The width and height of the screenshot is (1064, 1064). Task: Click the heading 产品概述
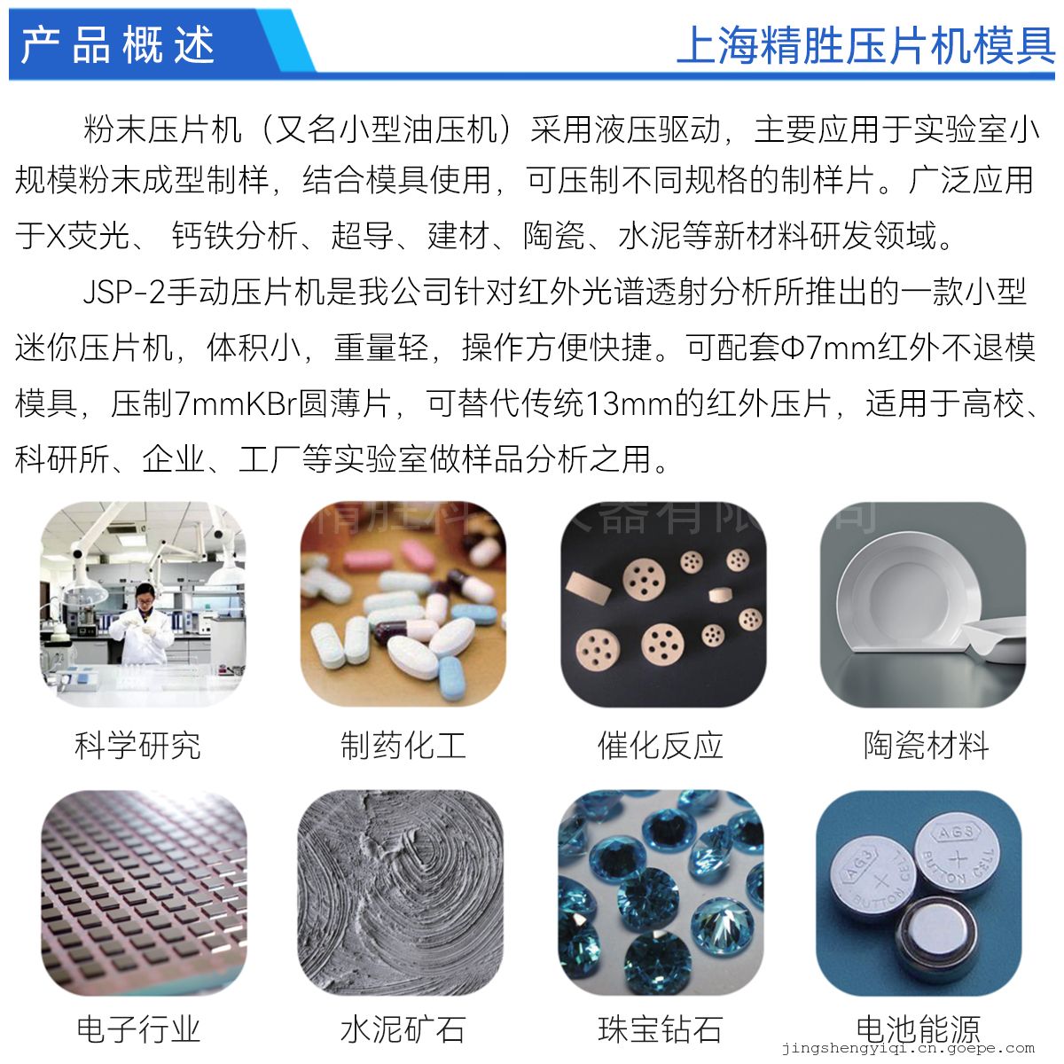point(117,44)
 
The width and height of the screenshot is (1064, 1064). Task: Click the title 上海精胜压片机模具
point(865,46)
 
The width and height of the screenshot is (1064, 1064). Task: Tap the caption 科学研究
point(137,746)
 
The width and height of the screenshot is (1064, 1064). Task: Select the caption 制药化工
point(403,746)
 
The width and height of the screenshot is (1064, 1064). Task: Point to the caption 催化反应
point(661,746)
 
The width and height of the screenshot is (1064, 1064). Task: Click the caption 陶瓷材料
point(926,746)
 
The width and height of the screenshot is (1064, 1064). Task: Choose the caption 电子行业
point(137,1029)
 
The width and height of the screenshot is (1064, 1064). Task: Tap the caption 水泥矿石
point(403,1029)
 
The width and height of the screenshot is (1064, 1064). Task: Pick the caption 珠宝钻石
point(661,1029)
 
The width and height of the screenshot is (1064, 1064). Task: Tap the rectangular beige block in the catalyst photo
point(589,587)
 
